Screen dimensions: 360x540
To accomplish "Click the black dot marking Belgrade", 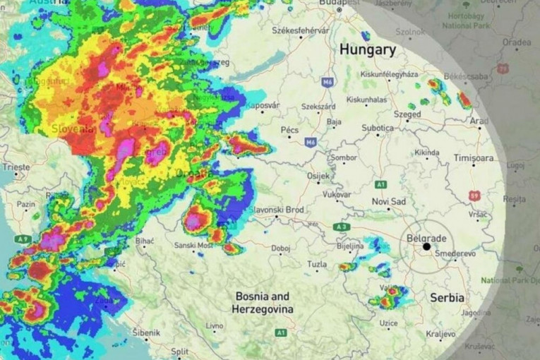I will tap(426, 246).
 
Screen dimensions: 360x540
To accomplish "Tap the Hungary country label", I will tap(367, 50).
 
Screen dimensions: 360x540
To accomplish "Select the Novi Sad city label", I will tap(389, 202).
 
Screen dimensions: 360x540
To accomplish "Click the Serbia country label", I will tap(448, 297).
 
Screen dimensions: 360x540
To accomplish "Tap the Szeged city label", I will tap(407, 114).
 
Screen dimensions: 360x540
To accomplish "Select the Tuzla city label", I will tap(317, 264).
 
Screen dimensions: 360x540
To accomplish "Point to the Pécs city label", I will tap(289, 130).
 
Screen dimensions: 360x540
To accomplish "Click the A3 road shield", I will tap(342, 227).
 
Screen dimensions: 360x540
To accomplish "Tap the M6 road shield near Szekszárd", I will tap(328, 83).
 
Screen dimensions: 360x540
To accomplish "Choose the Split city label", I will tap(179, 351).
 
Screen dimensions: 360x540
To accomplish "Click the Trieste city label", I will tap(16, 167).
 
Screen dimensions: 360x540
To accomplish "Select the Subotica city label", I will tap(378, 128).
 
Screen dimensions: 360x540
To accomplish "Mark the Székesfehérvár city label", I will tap(301, 30).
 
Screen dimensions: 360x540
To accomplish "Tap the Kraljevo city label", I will tap(440, 333).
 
